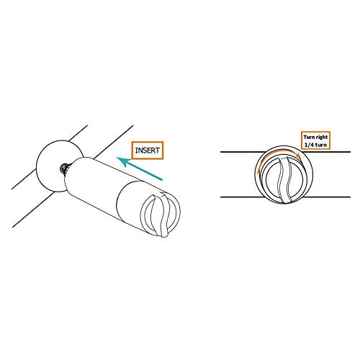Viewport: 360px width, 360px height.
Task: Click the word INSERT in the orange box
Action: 148,150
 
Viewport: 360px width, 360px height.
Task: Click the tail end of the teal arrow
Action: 162,179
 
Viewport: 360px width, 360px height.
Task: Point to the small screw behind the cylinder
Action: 65,168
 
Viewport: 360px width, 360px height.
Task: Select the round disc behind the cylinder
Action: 49,166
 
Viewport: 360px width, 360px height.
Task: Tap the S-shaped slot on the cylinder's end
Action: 161,215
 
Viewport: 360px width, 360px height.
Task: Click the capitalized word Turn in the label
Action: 309,138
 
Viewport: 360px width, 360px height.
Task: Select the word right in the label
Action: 322,138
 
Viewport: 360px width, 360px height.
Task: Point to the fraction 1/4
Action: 309,145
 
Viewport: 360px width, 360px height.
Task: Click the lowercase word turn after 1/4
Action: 321,145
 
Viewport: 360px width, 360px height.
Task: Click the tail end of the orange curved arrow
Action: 258,172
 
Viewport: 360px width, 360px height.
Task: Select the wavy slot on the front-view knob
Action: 285,181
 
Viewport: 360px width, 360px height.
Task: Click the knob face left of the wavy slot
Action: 272,180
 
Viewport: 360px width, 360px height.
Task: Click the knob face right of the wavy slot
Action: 297,180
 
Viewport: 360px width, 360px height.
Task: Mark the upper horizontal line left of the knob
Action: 243,152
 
